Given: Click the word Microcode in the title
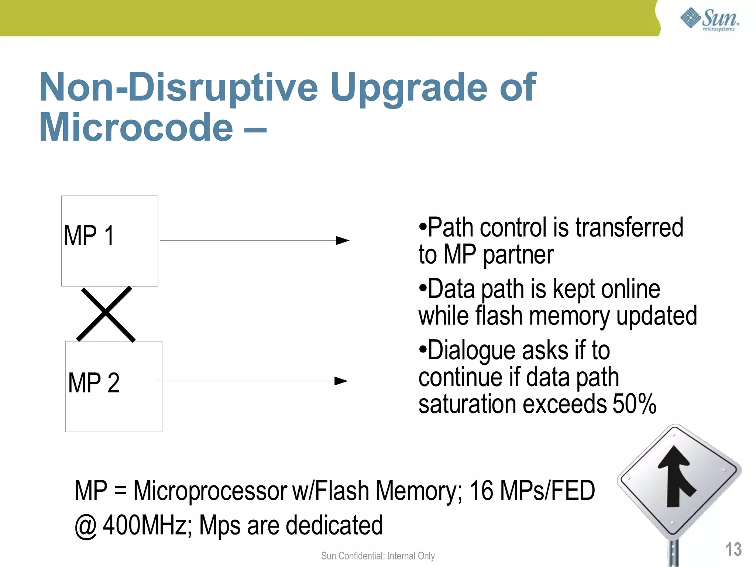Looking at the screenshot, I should pyautogui.click(x=136, y=127).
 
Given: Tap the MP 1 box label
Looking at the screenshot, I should pyautogui.click(x=89, y=236).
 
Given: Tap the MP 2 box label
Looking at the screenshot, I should pyautogui.click(x=94, y=383).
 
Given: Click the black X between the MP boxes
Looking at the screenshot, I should pyautogui.click(x=106, y=314).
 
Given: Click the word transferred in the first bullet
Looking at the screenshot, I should pyautogui.click(x=629, y=227).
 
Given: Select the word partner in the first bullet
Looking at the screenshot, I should pyautogui.click(x=518, y=255).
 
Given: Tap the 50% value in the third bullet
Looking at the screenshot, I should pyautogui.click(x=634, y=404).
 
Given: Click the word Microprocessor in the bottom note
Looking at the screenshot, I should pyautogui.click(x=210, y=491).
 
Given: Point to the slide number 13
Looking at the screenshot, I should pyautogui.click(x=733, y=549).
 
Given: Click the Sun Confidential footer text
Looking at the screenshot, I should pyautogui.click(x=378, y=556).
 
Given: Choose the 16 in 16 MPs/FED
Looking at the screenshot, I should pyautogui.click(x=481, y=491).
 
